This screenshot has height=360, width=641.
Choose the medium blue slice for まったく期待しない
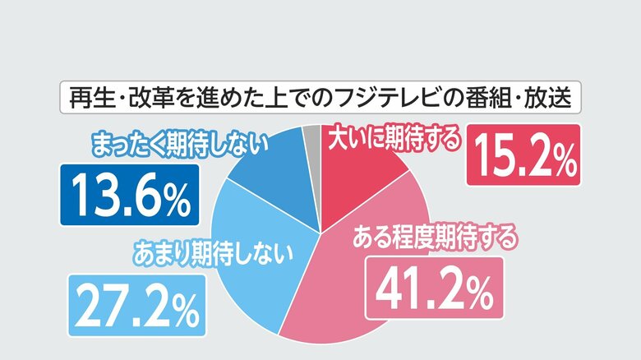(x=275, y=177)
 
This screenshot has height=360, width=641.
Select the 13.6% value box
(x=130, y=196)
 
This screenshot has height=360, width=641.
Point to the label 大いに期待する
(x=393, y=141)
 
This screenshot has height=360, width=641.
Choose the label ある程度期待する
(x=436, y=238)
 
